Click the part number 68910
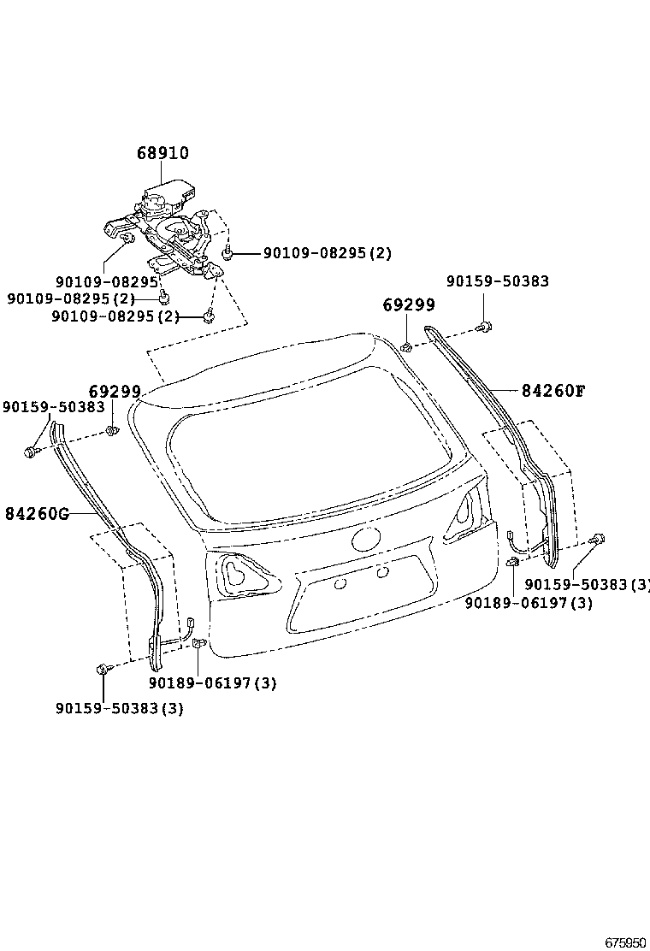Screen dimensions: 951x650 (x=162, y=153)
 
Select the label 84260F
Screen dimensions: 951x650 (x=553, y=391)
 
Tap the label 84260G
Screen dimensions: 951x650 (x=36, y=514)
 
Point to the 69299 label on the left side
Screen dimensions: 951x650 (x=115, y=392)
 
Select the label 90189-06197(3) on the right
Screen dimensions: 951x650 (x=529, y=603)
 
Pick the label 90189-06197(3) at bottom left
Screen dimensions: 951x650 (x=212, y=683)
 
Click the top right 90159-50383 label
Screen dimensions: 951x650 (x=498, y=281)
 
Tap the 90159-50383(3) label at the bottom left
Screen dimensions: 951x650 (x=120, y=709)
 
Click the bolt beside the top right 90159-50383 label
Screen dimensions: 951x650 (x=486, y=326)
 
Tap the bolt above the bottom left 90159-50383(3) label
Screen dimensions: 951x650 (x=103, y=668)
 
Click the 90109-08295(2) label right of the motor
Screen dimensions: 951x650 (x=327, y=253)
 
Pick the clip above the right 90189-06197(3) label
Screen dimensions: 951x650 (x=512, y=562)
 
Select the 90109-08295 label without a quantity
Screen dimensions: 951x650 (x=107, y=281)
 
